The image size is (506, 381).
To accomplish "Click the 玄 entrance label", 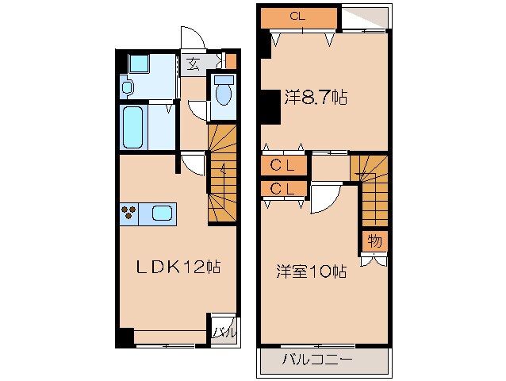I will click(x=193, y=63).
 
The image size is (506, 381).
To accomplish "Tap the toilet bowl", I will click(x=223, y=93).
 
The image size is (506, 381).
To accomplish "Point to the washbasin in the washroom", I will click(x=128, y=86).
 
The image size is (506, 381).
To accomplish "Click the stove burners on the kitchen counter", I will click(x=130, y=213).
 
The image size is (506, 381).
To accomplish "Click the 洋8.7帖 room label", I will click(x=316, y=98).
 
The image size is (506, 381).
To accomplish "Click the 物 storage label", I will click(x=375, y=240).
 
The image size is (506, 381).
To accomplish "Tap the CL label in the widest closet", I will click(x=297, y=16).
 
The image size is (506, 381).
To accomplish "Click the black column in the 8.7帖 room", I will click(x=270, y=106).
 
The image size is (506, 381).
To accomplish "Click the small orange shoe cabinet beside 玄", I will click(x=231, y=60).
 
